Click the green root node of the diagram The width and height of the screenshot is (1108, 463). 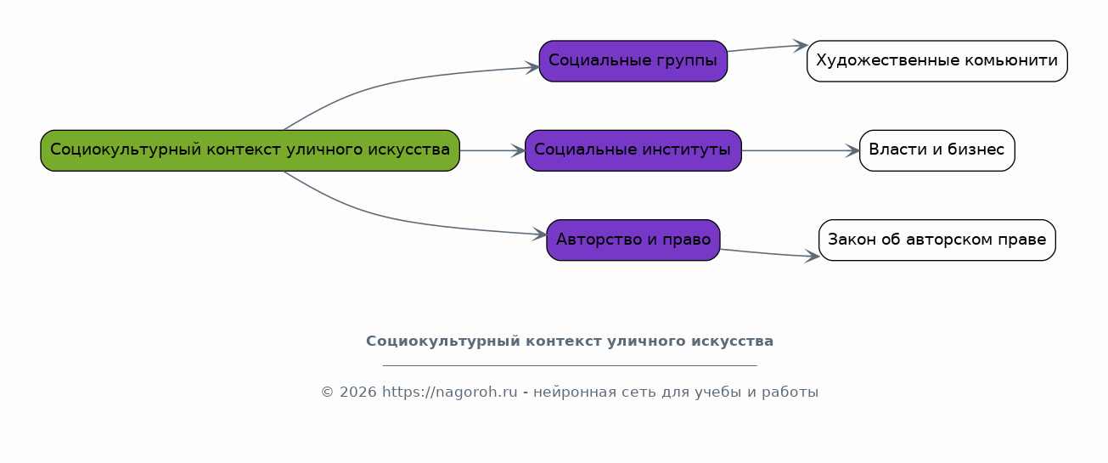pyautogui.click(x=250, y=150)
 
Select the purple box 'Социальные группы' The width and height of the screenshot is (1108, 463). pyautogui.click(x=633, y=61)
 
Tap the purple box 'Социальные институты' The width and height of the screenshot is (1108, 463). pyautogui.click(x=633, y=150)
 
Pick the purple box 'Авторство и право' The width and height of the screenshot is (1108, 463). pyautogui.click(x=633, y=240)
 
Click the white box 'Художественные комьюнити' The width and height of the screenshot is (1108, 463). pyautogui.click(x=937, y=61)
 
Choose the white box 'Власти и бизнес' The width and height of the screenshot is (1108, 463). pyautogui.click(x=937, y=150)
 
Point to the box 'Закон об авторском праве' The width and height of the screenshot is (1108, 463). pyautogui.click(x=937, y=240)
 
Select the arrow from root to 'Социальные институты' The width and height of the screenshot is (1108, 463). pyautogui.click(x=492, y=150)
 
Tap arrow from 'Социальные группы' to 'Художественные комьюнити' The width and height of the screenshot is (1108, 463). pyautogui.click(x=768, y=48)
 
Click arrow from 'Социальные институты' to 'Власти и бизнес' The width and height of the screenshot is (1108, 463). pyautogui.click(x=801, y=150)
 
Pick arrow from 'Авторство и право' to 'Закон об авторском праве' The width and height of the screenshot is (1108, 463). pyautogui.click(x=770, y=253)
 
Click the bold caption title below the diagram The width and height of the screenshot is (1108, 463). pyautogui.click(x=570, y=342)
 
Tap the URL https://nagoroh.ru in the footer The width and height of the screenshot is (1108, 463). pyautogui.click(x=450, y=392)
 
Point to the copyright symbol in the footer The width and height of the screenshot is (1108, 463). pyautogui.click(x=328, y=392)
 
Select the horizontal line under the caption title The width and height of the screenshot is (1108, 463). pyautogui.click(x=570, y=366)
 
